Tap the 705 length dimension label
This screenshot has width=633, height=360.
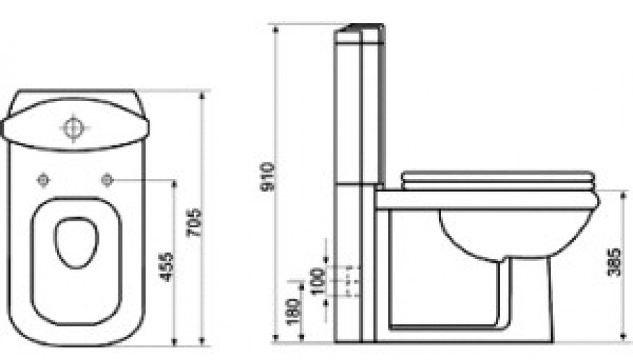193,223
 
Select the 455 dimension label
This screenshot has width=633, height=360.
166,267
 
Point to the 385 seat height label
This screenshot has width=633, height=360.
614,262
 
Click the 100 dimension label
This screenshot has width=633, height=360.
318,281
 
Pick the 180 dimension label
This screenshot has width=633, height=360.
294,312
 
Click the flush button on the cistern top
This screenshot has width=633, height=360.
73,128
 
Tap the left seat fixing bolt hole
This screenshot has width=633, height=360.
43,180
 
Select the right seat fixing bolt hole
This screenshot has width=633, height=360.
107,180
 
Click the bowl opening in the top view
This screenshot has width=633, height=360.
77,242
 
